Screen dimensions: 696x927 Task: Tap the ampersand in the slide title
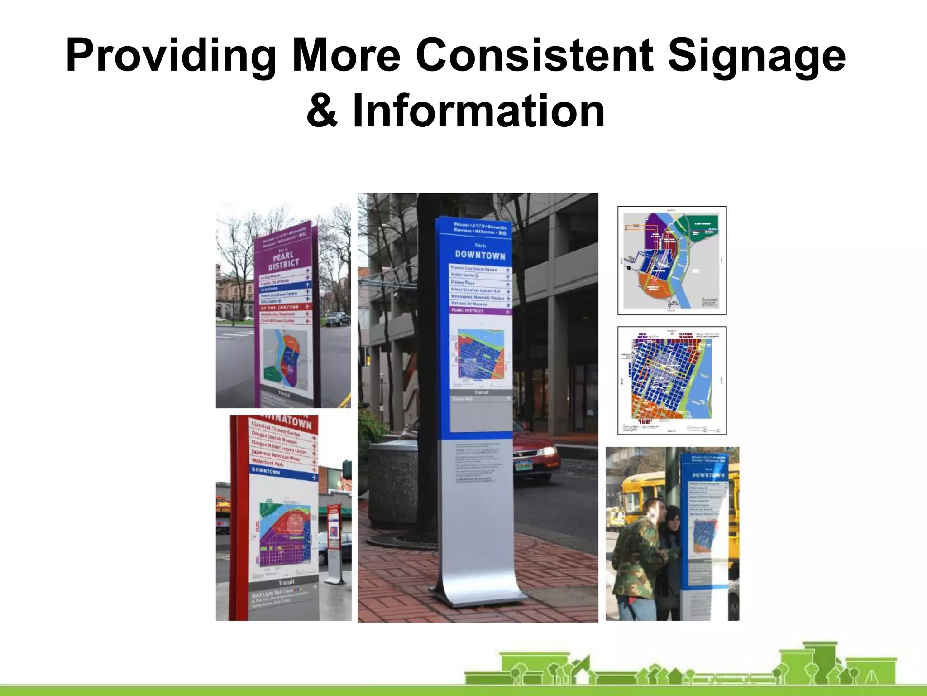click(x=322, y=111)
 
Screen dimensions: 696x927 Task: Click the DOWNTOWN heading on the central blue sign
click(x=480, y=255)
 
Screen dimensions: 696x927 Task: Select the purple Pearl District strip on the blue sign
click(x=480, y=311)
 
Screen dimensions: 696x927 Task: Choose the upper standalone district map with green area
click(x=672, y=261)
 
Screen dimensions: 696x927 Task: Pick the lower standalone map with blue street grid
click(x=672, y=381)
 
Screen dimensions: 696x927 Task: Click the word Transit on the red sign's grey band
click(x=286, y=582)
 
